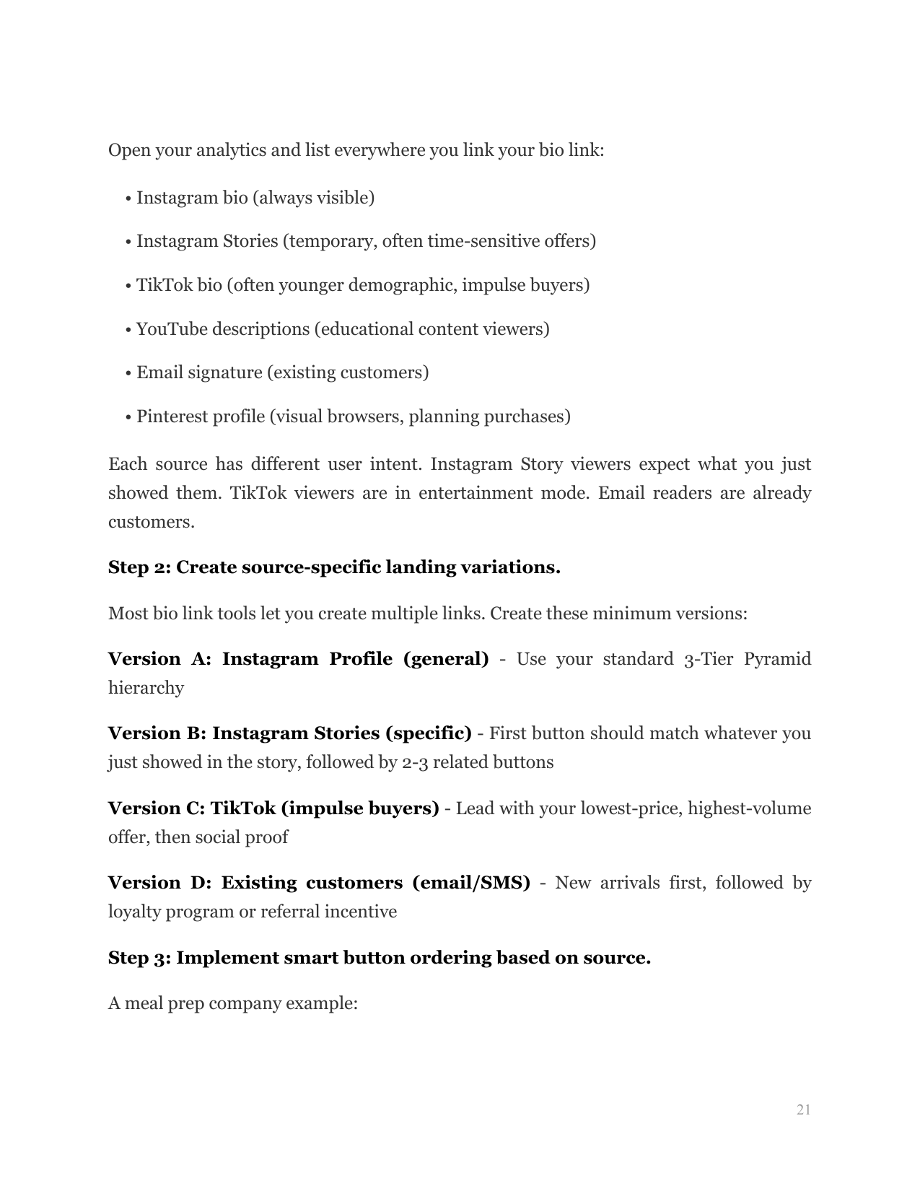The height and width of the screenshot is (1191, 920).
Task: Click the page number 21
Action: click(x=803, y=1109)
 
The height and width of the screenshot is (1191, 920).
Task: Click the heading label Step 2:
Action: click(x=139, y=567)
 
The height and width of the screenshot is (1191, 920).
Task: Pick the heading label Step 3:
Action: click(x=139, y=958)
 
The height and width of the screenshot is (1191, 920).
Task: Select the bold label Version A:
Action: click(x=159, y=659)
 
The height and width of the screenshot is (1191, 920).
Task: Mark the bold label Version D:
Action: click(x=159, y=883)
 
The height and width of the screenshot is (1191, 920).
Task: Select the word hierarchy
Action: click(x=146, y=688)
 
